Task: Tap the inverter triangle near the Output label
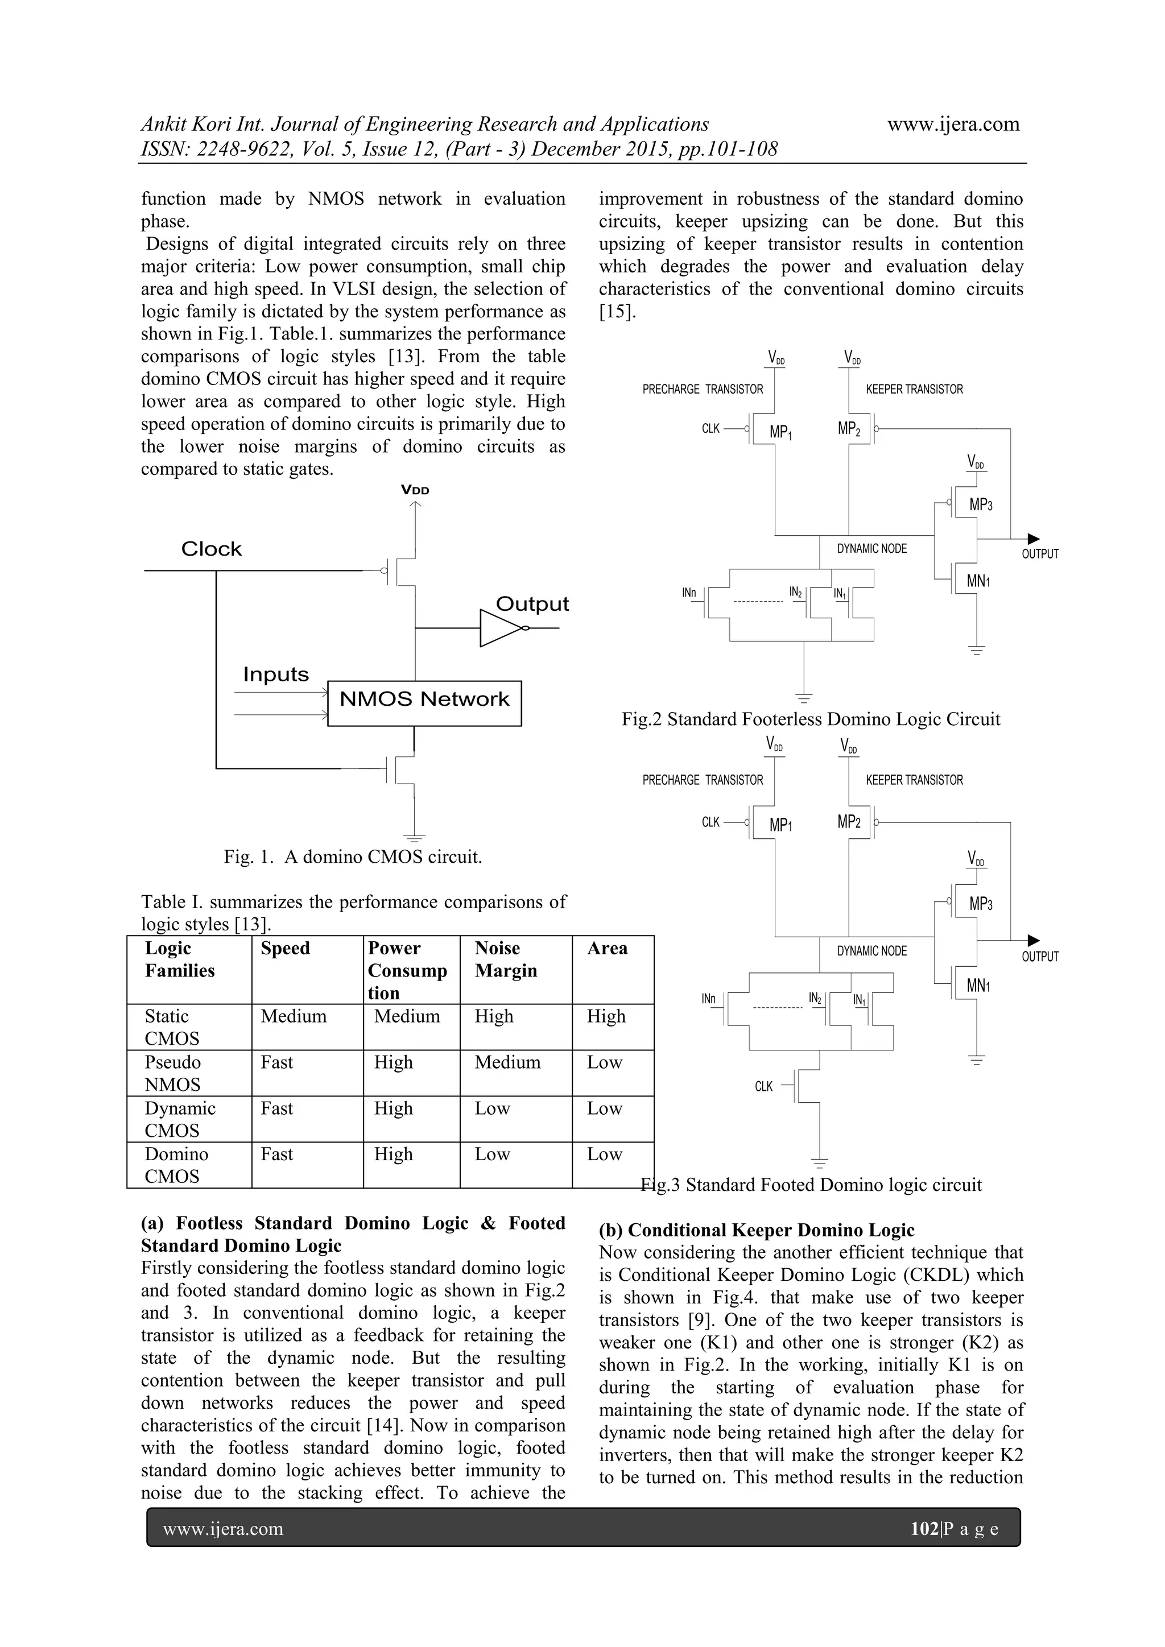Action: click(500, 628)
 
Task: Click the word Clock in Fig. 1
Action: click(211, 549)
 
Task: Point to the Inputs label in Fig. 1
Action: click(275, 675)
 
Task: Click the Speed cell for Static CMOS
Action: click(294, 1016)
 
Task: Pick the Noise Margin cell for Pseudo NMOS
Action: click(507, 1062)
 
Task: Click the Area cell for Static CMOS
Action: click(606, 1016)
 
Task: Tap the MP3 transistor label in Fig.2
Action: click(981, 505)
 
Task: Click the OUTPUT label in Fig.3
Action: click(1039, 957)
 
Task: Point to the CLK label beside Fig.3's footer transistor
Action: click(763, 1087)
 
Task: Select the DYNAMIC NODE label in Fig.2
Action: click(871, 549)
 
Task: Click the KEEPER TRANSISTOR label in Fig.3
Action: click(914, 780)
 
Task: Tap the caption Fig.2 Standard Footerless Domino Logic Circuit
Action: click(811, 719)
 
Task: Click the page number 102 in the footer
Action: click(924, 1529)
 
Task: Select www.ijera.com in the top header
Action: click(953, 125)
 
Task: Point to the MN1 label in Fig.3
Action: click(978, 986)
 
